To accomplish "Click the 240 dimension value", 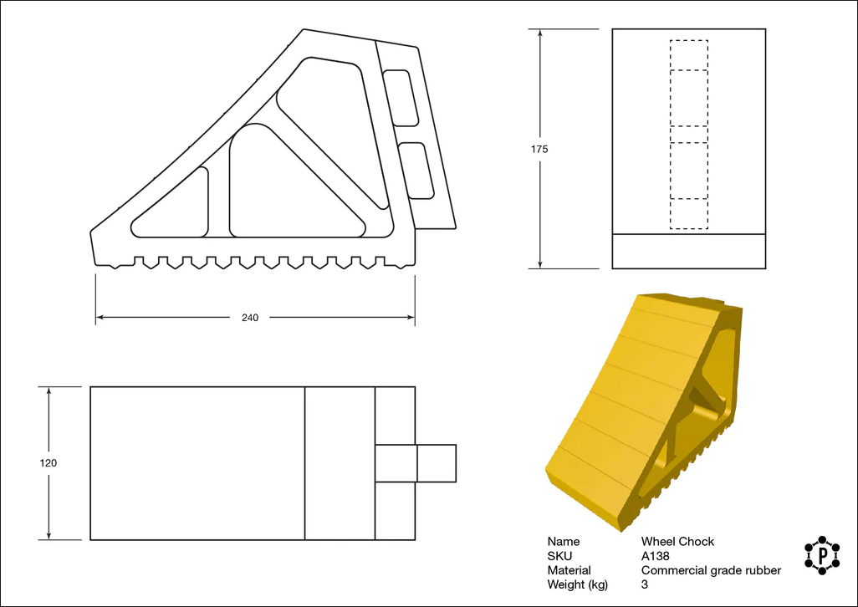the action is pyautogui.click(x=250, y=318).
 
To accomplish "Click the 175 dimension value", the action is pyautogui.click(x=539, y=150).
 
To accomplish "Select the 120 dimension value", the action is pyautogui.click(x=49, y=463).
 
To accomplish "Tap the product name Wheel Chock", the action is pyautogui.click(x=677, y=542).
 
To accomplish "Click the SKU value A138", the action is pyautogui.click(x=655, y=556).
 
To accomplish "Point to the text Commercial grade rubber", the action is pyautogui.click(x=711, y=570).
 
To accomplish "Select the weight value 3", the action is pyautogui.click(x=645, y=584).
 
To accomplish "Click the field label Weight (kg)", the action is pyautogui.click(x=577, y=585).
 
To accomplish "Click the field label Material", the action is pyautogui.click(x=569, y=570).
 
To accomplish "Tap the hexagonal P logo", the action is pyautogui.click(x=822, y=555).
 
